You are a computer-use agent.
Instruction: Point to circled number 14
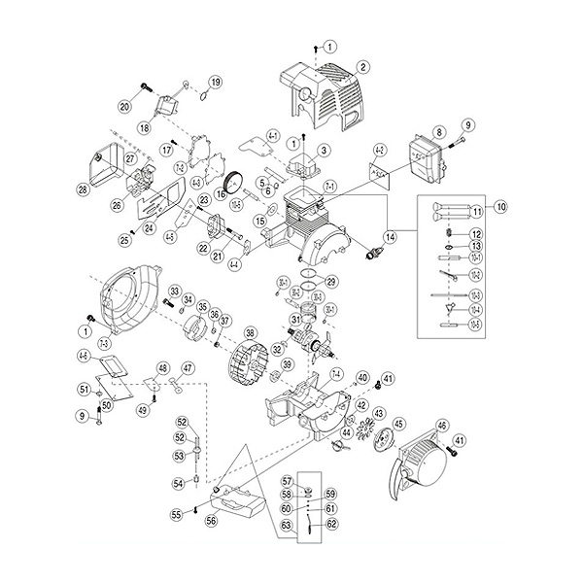coord(391,236)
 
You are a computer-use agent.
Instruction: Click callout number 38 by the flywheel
coord(250,332)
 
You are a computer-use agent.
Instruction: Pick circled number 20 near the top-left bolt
coord(125,106)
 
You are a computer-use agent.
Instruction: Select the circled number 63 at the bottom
coord(287,526)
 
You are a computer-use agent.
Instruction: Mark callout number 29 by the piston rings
coord(331,283)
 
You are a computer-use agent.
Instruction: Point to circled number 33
coord(175,291)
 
